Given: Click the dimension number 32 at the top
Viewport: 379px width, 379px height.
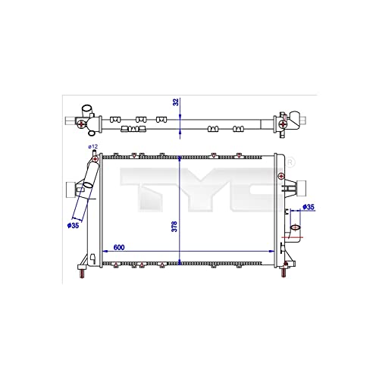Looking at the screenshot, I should (175, 101).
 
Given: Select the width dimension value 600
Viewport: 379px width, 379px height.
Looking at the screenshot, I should (121, 246).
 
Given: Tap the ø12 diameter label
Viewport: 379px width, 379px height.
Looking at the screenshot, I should (92, 146).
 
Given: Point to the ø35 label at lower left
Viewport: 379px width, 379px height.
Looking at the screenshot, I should (74, 225).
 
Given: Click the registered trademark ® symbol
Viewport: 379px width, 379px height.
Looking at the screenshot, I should (289, 161).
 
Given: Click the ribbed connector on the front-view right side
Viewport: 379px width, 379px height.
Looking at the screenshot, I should (297, 186).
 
